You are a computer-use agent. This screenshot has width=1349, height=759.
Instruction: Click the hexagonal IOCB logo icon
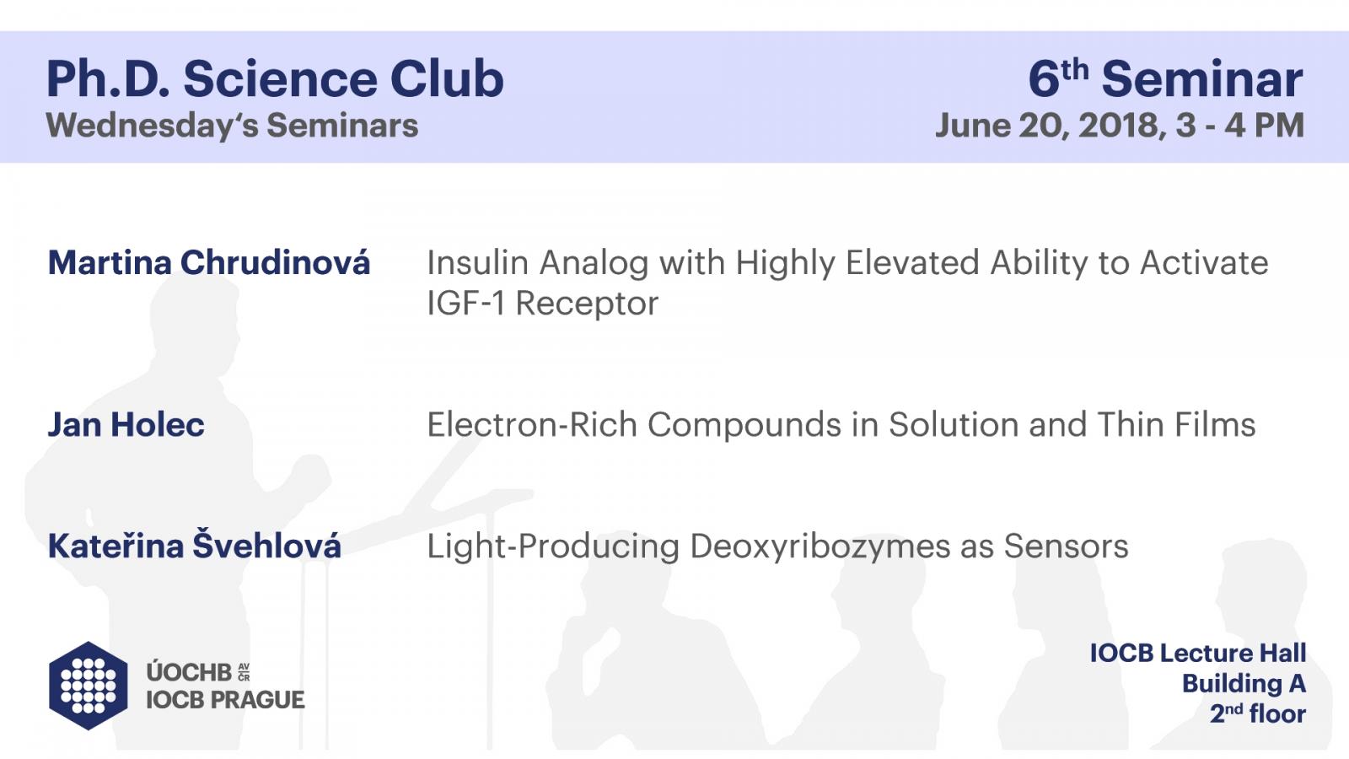pos(89,686)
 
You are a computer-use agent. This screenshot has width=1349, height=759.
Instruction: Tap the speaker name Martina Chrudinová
pos(209,262)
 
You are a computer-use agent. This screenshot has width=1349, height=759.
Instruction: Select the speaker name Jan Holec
pos(126,424)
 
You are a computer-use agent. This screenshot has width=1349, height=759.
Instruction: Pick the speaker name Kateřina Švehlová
pos(195,545)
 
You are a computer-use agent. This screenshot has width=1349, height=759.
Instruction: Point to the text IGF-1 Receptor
pos(543,303)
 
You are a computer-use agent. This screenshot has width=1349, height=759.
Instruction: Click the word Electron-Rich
pos(532,424)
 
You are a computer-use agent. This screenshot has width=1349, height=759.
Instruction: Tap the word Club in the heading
pos(447,78)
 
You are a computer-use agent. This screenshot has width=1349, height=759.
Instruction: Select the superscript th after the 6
pos(1075,71)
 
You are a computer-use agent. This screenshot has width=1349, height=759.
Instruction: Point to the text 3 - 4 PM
pos(1240,126)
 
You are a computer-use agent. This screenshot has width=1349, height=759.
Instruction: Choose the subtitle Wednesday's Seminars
pos(232,126)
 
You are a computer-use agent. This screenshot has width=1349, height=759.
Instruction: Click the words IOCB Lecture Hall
pos(1198,653)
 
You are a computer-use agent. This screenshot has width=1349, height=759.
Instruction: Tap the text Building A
pos(1244,684)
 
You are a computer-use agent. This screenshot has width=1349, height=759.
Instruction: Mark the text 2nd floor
pos(1258,713)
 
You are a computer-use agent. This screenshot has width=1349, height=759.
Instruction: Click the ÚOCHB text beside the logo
pos(189,672)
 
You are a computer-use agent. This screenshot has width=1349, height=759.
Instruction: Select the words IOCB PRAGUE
pos(225,700)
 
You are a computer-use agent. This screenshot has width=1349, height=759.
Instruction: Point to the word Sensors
pos(1066,546)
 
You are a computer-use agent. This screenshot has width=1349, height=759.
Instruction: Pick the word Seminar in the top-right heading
pos(1202,78)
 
